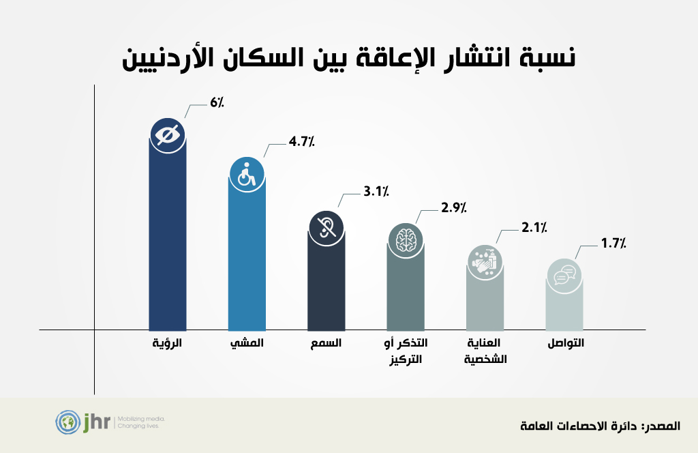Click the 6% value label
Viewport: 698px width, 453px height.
217,102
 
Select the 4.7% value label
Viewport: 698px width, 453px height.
301,143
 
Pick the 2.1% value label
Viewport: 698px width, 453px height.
534,228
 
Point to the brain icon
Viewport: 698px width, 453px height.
406,238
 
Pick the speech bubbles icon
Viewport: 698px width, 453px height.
565,276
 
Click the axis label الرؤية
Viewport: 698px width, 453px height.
168,343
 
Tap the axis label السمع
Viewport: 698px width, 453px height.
327,343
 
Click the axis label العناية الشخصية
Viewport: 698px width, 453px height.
485,351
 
